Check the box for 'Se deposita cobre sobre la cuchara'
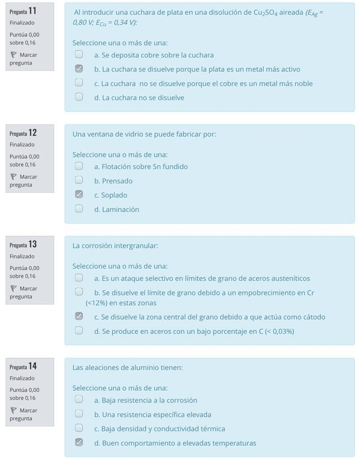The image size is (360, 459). click(x=79, y=55)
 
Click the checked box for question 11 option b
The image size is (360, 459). click(x=79, y=69)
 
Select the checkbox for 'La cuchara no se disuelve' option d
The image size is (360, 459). click(x=79, y=97)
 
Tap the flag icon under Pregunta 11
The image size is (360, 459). click(x=14, y=55)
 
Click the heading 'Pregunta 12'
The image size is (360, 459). click(x=23, y=133)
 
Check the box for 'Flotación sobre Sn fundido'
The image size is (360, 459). click(x=79, y=167)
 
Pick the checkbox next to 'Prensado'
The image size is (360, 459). click(x=79, y=181)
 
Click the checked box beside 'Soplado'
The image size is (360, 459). click(x=79, y=195)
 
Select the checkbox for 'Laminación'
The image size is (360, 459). click(x=79, y=209)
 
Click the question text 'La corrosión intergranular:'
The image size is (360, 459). click(x=115, y=246)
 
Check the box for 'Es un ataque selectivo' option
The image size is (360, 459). click(x=79, y=278)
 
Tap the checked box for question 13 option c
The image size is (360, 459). click(x=79, y=317)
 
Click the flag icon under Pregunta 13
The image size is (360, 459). click(x=14, y=288)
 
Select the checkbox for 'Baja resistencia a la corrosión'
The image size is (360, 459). click(x=79, y=400)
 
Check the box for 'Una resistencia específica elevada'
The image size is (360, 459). click(x=79, y=414)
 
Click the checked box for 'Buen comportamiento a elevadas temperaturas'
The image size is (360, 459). click(x=79, y=443)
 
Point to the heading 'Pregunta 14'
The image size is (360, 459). click(x=23, y=366)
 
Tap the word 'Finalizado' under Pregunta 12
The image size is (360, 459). click(x=22, y=145)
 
